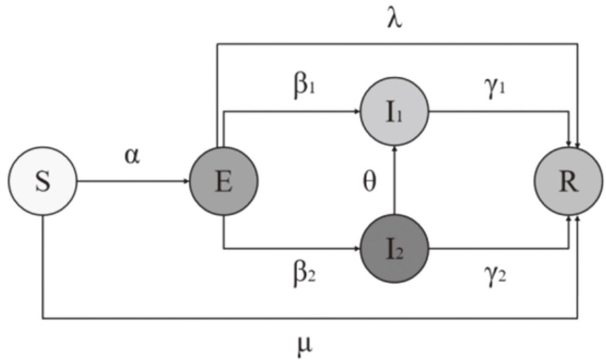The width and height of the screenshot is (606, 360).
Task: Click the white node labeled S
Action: pos(43,182)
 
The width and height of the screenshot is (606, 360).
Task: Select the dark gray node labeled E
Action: pos(224,182)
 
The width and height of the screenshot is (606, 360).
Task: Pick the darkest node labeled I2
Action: pos(394,249)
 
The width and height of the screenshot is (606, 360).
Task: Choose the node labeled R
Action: pos(568,182)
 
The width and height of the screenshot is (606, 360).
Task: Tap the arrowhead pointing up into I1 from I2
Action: pos(394,149)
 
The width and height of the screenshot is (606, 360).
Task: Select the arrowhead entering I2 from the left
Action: pos(357,249)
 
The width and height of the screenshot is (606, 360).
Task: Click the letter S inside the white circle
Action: pos(43,182)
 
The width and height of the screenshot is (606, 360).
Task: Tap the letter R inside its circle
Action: pos(568,182)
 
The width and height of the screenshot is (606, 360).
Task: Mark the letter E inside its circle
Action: pos(224,182)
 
